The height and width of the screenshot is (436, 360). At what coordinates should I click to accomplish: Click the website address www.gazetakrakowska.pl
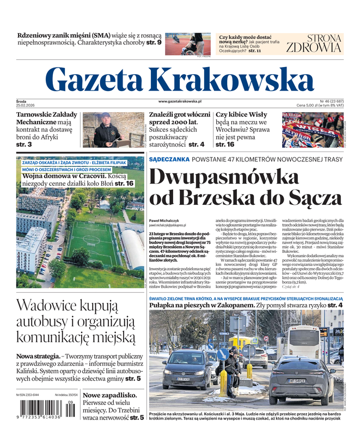[180, 101]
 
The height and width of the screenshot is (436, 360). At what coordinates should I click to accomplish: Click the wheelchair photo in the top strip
[187, 44]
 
